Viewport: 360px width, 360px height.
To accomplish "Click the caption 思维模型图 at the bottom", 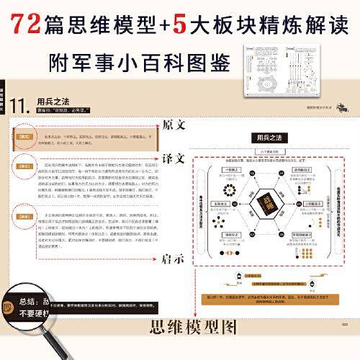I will point(190,328).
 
